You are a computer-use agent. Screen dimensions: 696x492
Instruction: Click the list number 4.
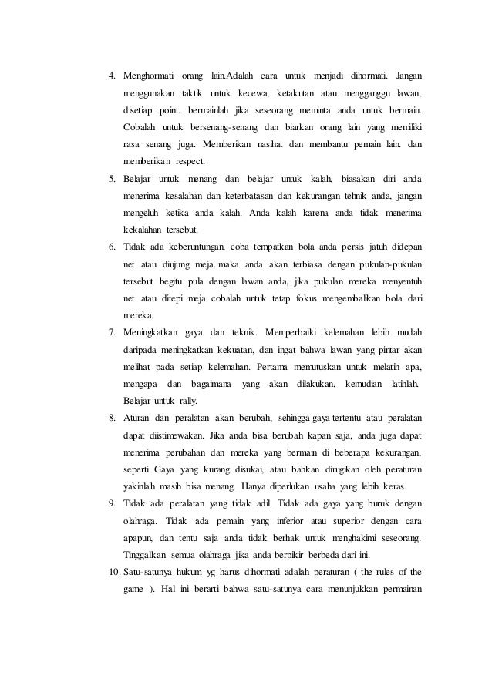(111, 77)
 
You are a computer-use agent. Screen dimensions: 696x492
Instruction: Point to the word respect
(184, 162)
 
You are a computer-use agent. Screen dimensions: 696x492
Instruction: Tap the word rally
(188, 400)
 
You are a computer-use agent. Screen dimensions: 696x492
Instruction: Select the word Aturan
(138, 417)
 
